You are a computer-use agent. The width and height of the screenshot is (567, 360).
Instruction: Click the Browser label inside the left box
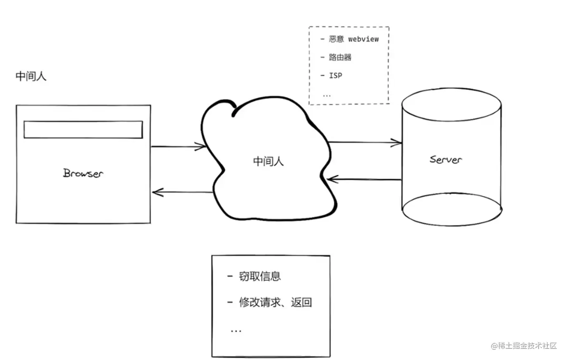pyautogui.click(x=83, y=173)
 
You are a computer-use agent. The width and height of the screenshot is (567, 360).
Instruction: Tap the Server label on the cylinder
pyautogui.click(x=445, y=159)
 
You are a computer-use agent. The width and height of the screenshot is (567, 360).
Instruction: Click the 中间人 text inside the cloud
pyautogui.click(x=268, y=161)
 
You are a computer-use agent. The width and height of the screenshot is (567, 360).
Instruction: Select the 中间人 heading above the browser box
pyautogui.click(x=31, y=76)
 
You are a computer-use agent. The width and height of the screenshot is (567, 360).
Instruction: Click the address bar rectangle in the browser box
pyautogui.click(x=83, y=130)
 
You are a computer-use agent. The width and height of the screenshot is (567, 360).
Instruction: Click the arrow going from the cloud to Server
pyautogui.click(x=364, y=142)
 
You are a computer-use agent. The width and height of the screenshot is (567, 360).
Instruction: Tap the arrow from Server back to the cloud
pyautogui.click(x=364, y=179)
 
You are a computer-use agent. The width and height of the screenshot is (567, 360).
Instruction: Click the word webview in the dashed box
pyautogui.click(x=363, y=39)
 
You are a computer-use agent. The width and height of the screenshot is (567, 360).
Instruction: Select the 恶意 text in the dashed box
pyautogui.click(x=336, y=39)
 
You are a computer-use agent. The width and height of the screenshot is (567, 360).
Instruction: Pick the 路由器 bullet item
pyautogui.click(x=340, y=57)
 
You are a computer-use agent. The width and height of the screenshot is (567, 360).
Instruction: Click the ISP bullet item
pyautogui.click(x=335, y=75)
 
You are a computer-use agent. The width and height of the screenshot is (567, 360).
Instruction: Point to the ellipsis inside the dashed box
pyautogui.click(x=327, y=95)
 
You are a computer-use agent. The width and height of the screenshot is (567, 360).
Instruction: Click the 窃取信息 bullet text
pyautogui.click(x=259, y=276)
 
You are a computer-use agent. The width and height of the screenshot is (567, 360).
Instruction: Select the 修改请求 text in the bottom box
pyautogui.click(x=260, y=302)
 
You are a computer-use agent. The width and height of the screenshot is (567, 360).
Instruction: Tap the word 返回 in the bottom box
pyautogui.click(x=301, y=302)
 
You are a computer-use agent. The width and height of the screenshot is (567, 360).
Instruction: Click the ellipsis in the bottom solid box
pyautogui.click(x=236, y=330)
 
